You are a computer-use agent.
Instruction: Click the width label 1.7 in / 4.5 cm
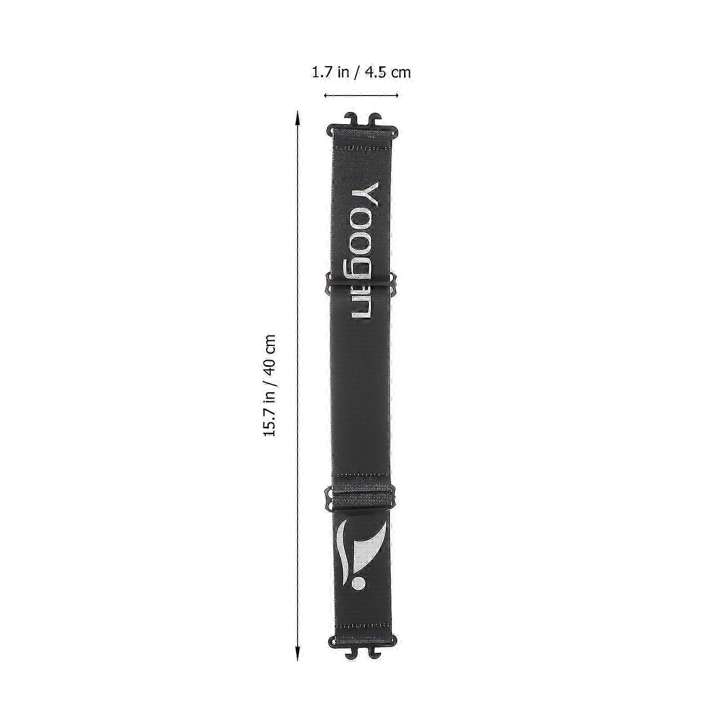pos(361,72)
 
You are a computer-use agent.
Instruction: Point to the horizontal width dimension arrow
pos(361,95)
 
